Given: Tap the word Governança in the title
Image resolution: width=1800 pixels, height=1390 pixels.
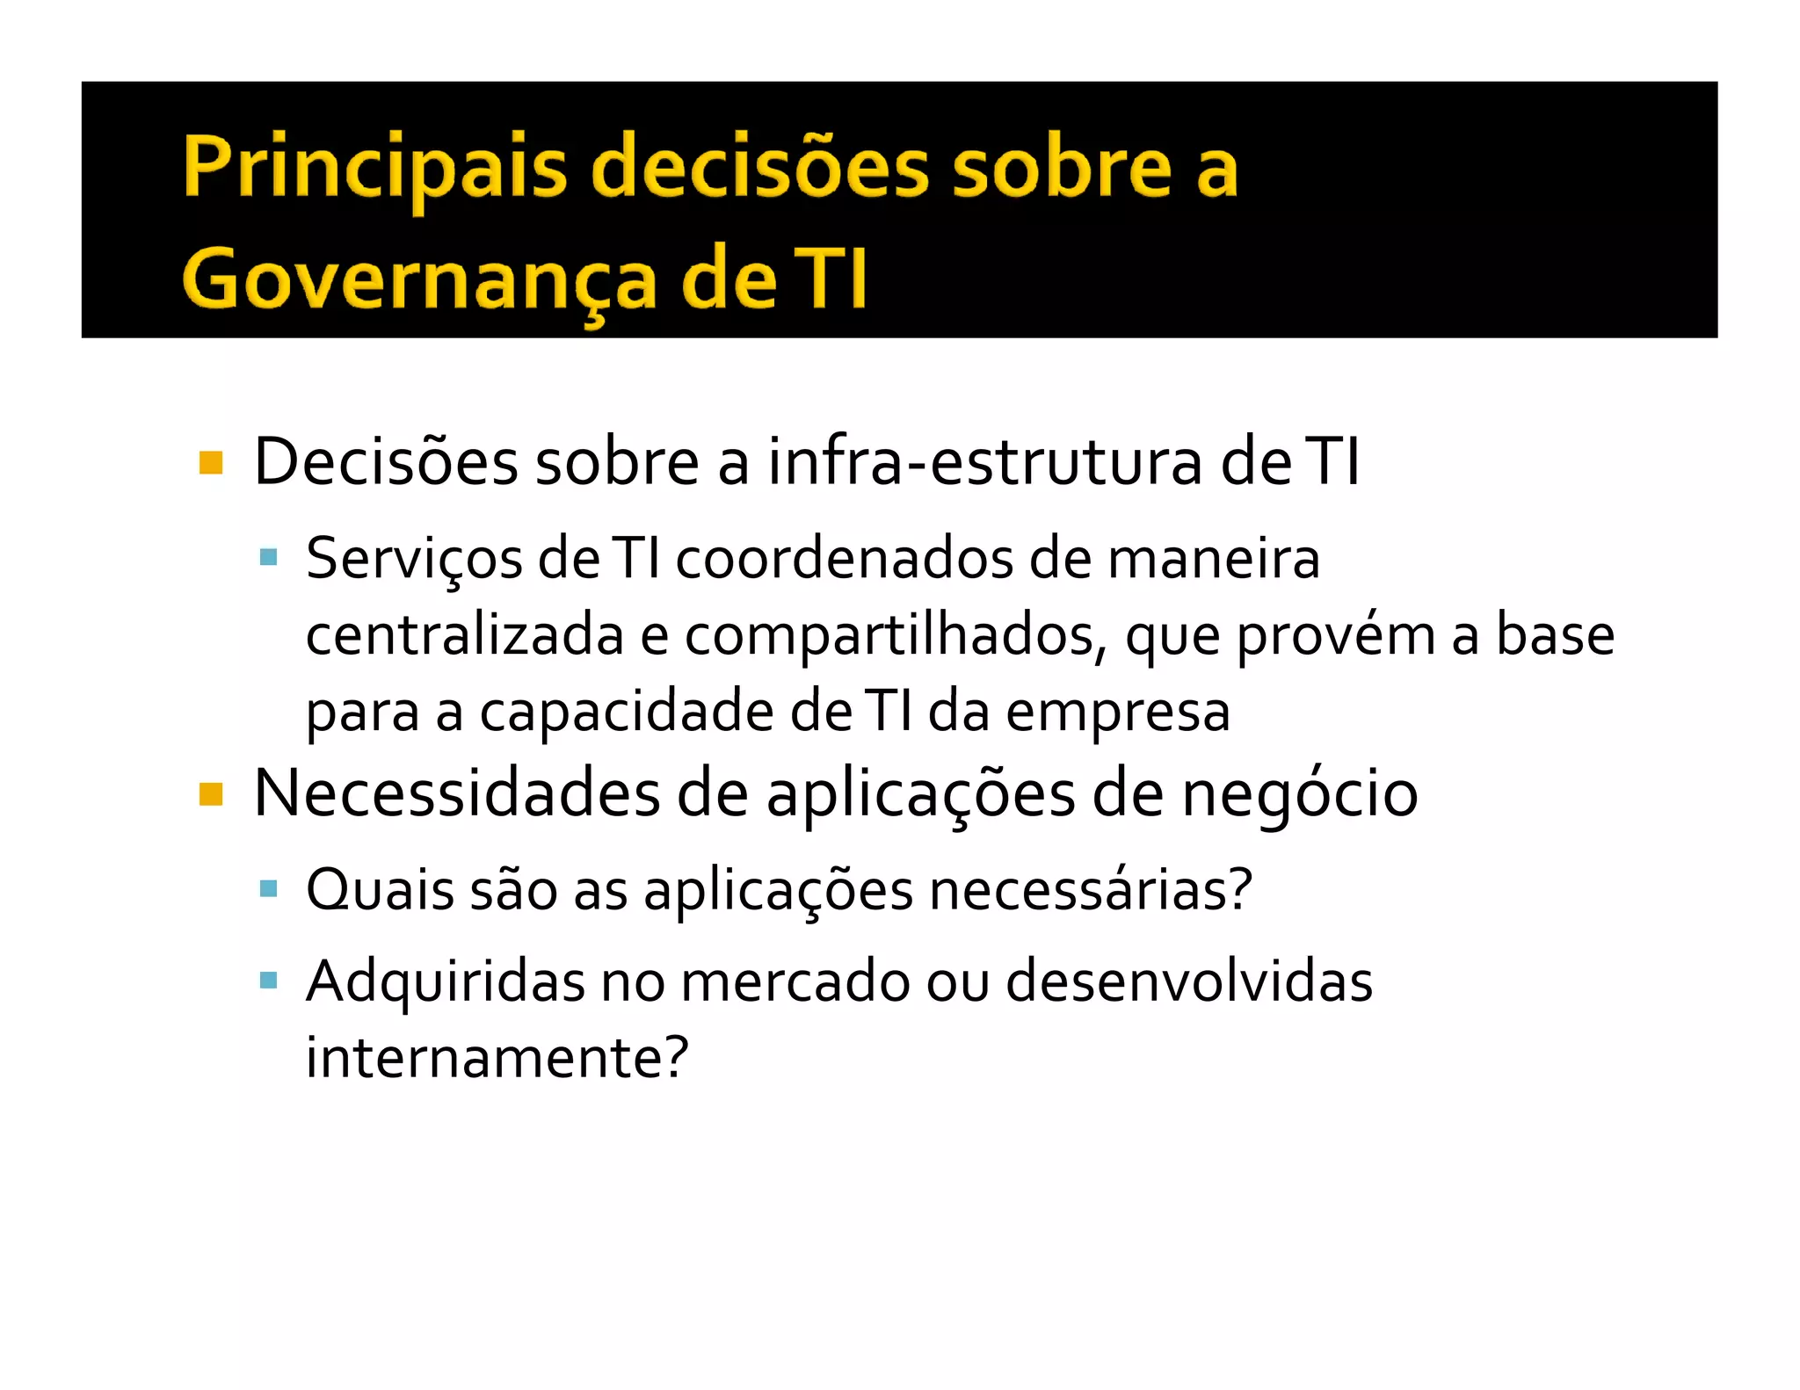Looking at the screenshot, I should pos(419,279).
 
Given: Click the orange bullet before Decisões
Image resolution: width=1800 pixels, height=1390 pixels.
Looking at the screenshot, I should pos(211,462).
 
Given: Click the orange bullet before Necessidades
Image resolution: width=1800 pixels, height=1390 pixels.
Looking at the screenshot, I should pos(211,794).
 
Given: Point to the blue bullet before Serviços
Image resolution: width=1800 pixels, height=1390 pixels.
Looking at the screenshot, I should pos(269,557).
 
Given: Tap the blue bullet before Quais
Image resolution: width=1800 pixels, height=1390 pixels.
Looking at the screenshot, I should pos(269,889).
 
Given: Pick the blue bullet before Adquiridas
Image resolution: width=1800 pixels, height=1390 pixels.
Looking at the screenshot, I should pos(269,980).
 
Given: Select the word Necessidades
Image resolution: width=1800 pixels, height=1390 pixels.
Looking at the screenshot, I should pos(456,794).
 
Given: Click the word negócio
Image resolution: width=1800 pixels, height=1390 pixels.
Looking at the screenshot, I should pos(1299,794).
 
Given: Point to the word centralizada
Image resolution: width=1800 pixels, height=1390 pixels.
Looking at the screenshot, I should pos(464,634).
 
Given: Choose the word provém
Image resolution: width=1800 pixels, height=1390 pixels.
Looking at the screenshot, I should pos(1336,636).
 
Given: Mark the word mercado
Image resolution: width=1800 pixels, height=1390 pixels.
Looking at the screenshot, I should pos(795,981).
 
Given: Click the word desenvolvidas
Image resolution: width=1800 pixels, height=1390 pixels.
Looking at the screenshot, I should pos(1188,981).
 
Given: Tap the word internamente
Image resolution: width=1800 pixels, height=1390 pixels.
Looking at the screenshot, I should pos(497,1057).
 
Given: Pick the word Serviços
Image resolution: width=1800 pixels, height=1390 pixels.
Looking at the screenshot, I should pos(414,560).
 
